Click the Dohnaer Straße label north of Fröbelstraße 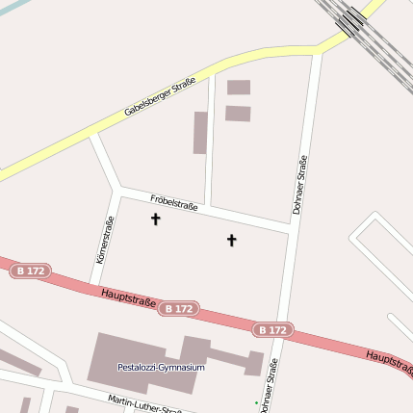coord(299,184)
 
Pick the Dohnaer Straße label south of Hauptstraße coord(269,384)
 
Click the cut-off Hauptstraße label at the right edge coord(389,361)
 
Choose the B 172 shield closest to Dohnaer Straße coord(271,329)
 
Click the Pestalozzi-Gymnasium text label coord(161,367)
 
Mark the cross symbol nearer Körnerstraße coord(156,219)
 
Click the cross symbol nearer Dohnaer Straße coord(231,239)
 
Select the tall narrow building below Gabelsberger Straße coord(200,133)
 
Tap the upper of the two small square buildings coord(238,88)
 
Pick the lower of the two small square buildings coord(238,113)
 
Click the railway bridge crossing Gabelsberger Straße coord(352,21)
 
